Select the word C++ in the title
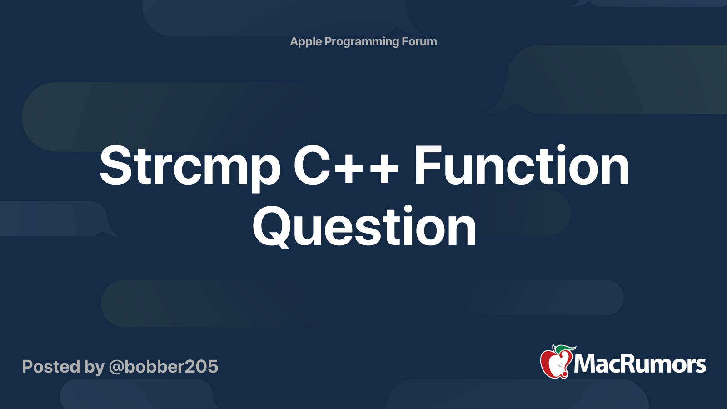346,165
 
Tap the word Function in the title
522,165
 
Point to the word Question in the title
364,226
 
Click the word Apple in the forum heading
305,42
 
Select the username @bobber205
163,366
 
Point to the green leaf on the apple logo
566,349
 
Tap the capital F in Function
427,165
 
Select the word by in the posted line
95,367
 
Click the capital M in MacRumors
588,364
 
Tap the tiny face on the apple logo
560,366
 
